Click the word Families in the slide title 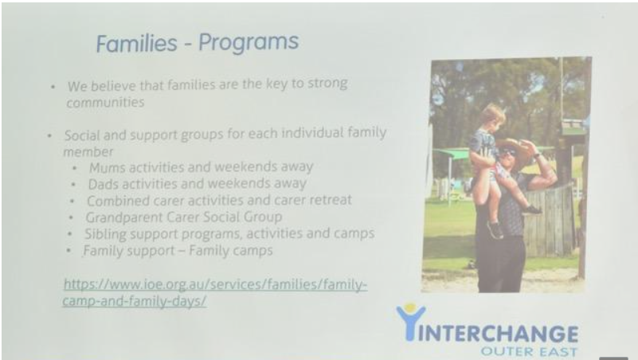(x=137, y=44)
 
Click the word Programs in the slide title (x=249, y=43)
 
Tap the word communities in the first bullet (x=105, y=102)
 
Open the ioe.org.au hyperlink (x=215, y=292)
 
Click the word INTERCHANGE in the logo (x=498, y=334)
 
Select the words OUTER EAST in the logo (x=529, y=351)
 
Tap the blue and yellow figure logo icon (x=410, y=321)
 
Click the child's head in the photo (x=492, y=116)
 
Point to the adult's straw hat (x=514, y=151)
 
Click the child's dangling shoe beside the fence (x=532, y=210)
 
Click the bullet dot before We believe (x=53, y=87)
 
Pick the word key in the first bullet (x=276, y=84)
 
